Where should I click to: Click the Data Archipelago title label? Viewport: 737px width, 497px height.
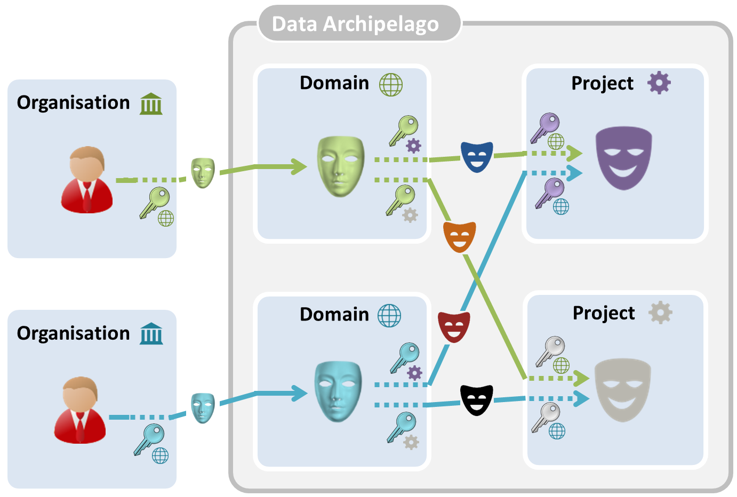click(355, 24)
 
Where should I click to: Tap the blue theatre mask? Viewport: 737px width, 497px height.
click(476, 156)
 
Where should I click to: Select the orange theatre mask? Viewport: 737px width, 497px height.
click(459, 237)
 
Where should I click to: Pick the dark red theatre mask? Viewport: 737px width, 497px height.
click(454, 327)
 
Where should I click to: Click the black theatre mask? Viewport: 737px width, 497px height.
click(476, 400)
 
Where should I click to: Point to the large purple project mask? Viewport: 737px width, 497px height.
click(623, 157)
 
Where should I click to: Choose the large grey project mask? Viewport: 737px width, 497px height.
click(622, 390)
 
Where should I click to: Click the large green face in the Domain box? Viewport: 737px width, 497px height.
click(341, 166)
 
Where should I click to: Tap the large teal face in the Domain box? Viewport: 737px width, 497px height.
click(338, 391)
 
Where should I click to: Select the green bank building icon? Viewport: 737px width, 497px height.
click(151, 103)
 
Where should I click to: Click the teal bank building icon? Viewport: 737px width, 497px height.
click(151, 334)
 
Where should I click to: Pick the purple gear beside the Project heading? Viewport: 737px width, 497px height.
click(659, 83)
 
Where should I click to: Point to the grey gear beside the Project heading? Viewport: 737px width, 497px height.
click(660, 313)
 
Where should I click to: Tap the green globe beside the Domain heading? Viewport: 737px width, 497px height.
click(391, 84)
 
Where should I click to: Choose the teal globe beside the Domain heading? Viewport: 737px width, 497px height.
click(389, 315)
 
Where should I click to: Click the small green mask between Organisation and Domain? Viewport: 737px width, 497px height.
click(203, 173)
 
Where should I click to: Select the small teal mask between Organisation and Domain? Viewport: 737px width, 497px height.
click(203, 408)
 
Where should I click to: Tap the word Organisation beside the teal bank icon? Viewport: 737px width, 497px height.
click(73, 333)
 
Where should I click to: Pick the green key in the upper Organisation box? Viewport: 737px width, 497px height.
click(154, 202)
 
